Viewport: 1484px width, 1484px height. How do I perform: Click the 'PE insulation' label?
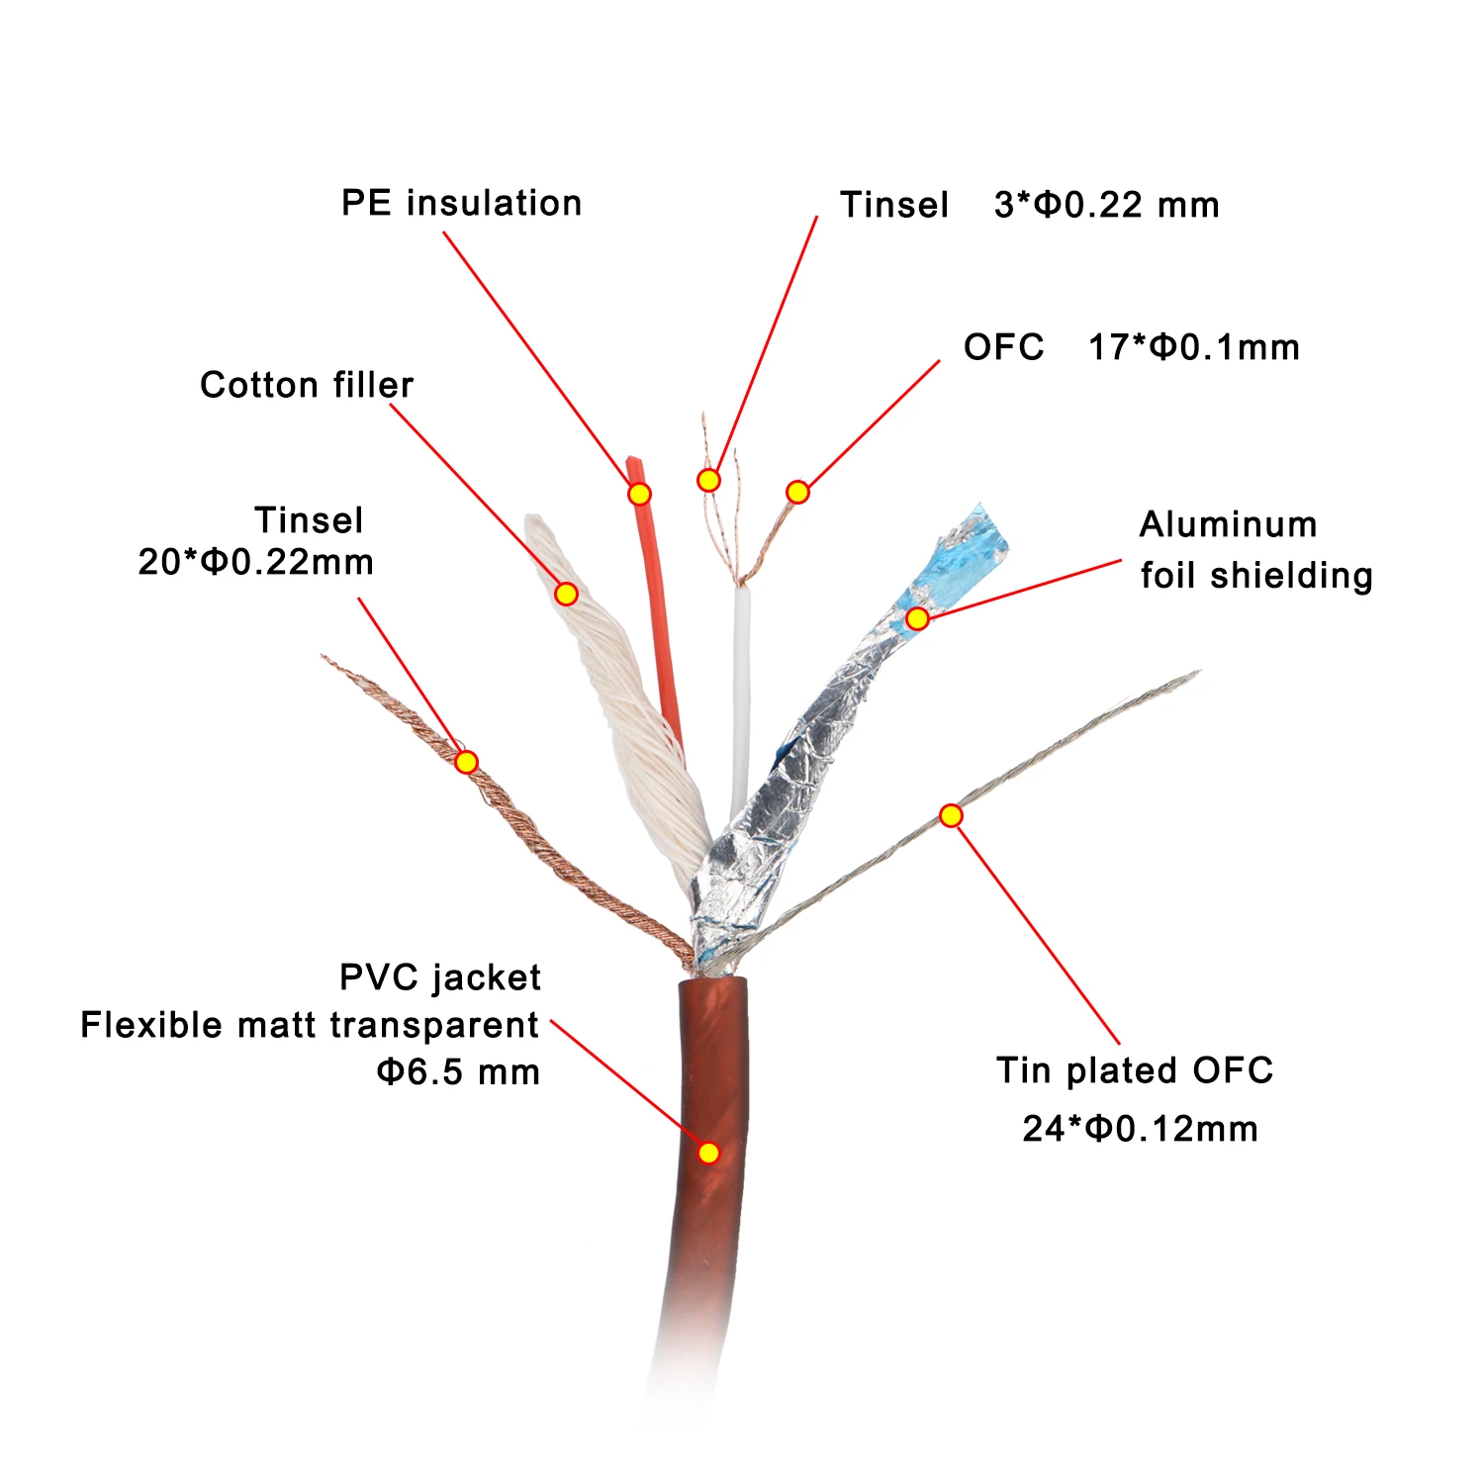461,204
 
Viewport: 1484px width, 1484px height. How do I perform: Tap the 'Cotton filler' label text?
307,385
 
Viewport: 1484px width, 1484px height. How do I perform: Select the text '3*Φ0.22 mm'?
1106,206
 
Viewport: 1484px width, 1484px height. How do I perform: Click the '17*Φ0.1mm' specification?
1193,348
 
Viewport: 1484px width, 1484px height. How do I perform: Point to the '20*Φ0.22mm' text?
256,563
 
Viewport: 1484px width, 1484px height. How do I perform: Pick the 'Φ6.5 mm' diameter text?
458,1072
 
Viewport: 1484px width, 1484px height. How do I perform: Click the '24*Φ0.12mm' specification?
1140,1129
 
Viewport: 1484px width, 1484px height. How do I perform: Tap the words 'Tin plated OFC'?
1135,1070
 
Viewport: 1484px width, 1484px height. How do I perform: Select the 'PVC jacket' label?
440,978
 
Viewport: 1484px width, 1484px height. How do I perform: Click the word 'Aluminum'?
1228,525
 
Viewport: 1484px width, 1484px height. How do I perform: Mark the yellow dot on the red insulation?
640,494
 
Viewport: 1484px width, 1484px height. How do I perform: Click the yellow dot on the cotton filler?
566,594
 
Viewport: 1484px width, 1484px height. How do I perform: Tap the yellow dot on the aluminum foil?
918,618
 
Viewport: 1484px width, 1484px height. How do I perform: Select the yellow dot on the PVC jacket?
708,1153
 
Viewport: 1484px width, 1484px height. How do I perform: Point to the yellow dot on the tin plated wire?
951,815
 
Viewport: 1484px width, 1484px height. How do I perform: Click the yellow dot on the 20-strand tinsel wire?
467,762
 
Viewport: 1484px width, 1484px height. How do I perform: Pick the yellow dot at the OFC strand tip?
797,492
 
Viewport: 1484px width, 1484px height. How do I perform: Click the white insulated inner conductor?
740,693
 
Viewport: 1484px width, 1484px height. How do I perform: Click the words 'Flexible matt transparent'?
310,1026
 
